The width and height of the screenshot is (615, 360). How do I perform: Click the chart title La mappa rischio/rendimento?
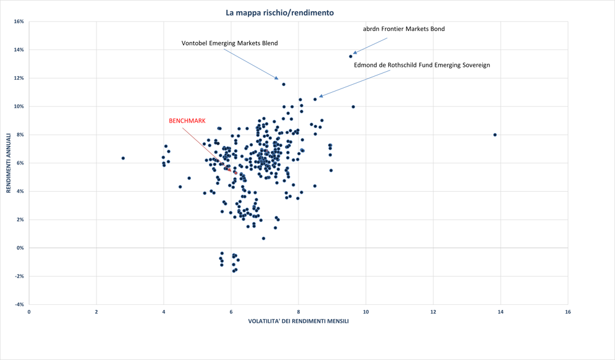coord(279,12)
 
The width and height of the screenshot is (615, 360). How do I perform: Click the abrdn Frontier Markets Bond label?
coord(403,29)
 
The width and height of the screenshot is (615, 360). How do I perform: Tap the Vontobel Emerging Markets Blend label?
coord(229,43)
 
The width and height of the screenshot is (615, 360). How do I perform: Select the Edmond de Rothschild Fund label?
coord(422,65)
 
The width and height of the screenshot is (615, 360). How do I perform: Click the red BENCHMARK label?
coord(187,121)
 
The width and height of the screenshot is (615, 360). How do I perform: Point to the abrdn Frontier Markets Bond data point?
coord(350,56)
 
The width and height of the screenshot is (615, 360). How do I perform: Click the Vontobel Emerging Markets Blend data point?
coord(284,84)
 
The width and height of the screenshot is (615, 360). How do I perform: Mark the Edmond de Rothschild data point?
coord(315,99)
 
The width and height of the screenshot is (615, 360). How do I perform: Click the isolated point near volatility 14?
coord(495,135)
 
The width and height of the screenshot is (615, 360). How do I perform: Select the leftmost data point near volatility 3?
coord(123,158)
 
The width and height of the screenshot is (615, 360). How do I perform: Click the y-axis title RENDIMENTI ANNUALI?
coord(9,163)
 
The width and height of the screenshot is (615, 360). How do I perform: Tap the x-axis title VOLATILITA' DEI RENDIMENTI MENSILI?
coord(298,321)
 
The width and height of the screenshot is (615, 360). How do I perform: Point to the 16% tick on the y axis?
coord(18,22)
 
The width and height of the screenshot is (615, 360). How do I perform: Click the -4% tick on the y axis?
coord(18,304)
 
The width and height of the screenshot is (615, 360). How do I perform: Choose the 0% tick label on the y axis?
coord(19,248)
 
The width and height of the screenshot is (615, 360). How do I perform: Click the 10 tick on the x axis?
coord(366,312)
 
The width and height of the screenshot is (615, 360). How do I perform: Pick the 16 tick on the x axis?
coord(567,312)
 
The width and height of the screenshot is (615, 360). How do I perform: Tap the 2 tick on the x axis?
coord(96,312)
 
